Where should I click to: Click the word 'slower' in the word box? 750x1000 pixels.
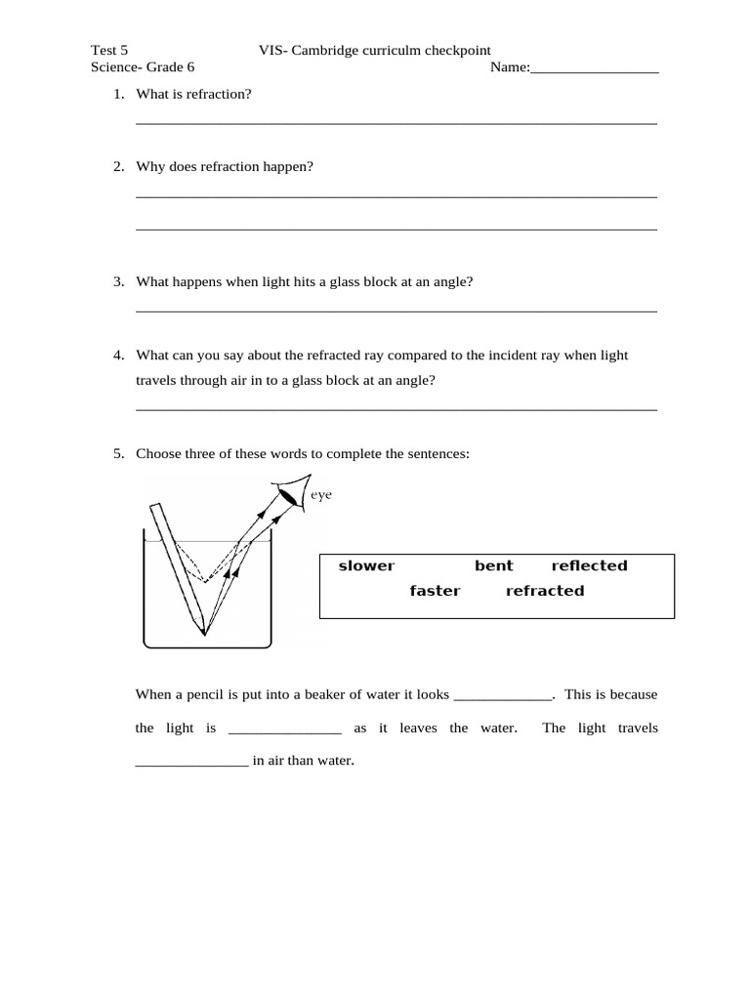coord(366,566)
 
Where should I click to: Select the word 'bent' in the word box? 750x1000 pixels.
coord(493,566)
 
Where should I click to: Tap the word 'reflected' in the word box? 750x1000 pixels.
coord(589,566)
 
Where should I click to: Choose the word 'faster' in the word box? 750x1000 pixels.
coord(435,591)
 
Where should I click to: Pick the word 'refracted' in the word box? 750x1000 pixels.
coord(545,591)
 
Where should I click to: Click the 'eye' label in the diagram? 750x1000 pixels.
coord(321,496)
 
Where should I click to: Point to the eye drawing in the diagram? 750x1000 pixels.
coord(289,494)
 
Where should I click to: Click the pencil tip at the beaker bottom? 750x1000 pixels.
coord(204,630)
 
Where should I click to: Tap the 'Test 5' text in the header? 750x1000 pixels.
coord(108,50)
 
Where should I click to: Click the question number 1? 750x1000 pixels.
coord(117,94)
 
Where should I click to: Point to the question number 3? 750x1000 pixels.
coord(117,281)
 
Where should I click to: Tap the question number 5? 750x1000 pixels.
coord(117,453)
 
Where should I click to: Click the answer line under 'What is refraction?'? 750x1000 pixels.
coord(396,122)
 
